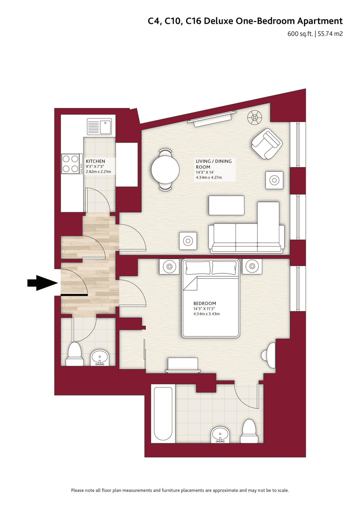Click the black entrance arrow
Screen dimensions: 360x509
tap(42, 283)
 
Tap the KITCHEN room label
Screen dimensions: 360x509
tap(95, 161)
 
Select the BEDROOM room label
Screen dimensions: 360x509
tap(205, 303)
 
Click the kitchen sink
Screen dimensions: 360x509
tap(99, 127)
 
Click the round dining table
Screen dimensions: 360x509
tap(165, 169)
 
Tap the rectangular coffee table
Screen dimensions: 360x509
tap(226, 205)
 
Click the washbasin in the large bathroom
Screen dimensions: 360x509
tap(220, 435)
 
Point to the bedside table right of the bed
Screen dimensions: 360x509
tap(252, 266)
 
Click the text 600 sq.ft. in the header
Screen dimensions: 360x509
tap(300, 34)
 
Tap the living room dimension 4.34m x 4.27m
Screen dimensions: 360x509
tap(209, 177)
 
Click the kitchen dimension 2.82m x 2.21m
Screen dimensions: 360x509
tap(98, 171)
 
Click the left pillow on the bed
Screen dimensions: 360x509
tap(198, 268)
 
